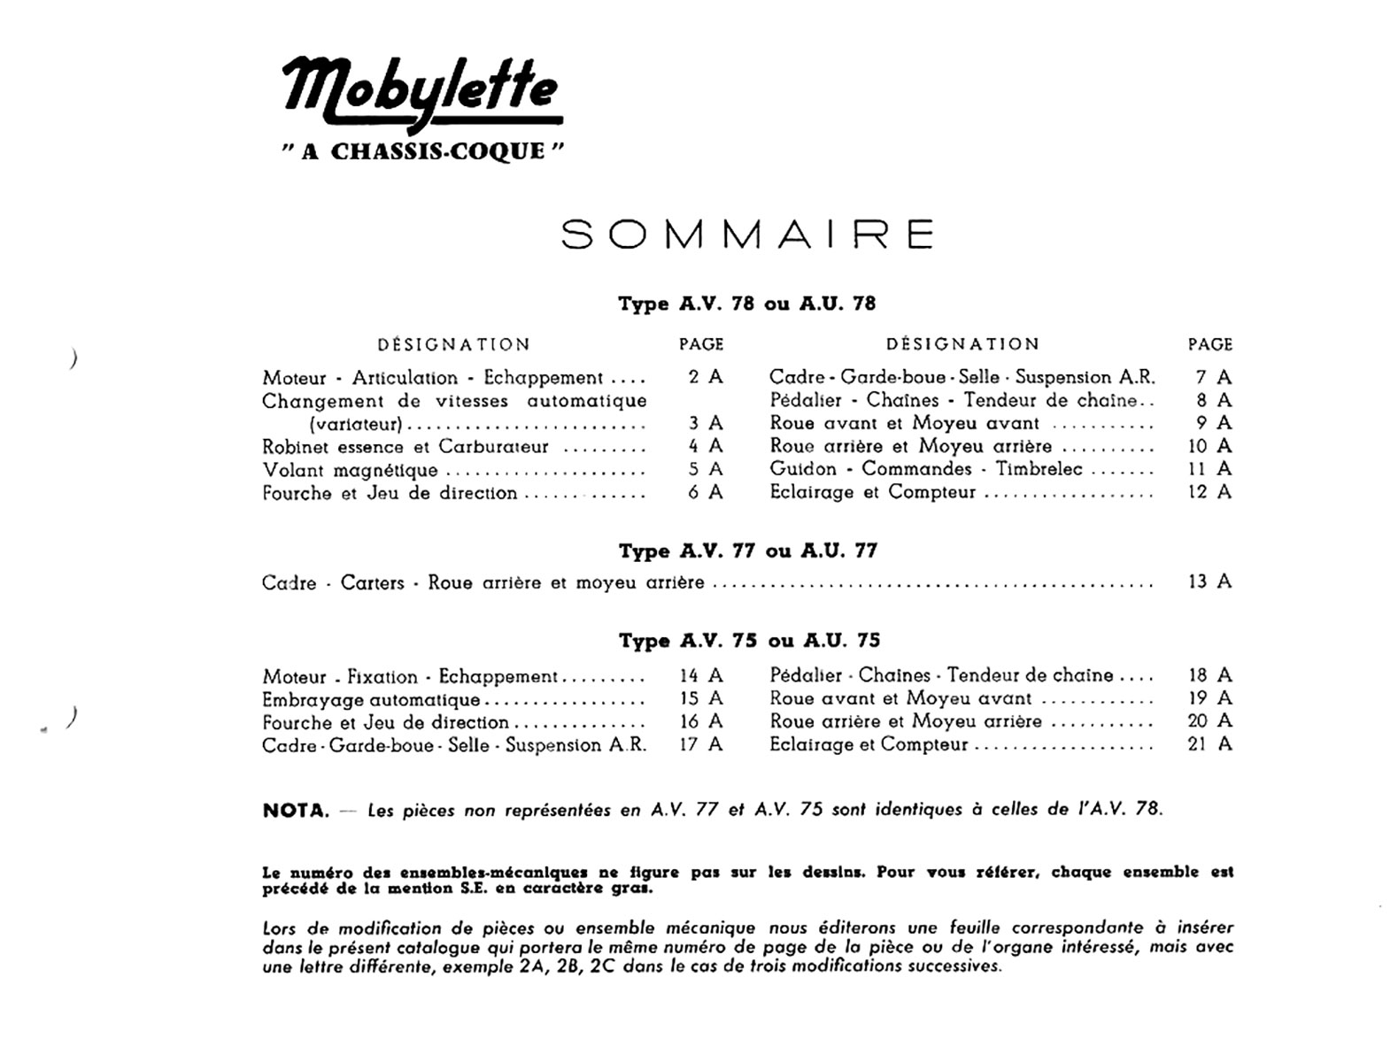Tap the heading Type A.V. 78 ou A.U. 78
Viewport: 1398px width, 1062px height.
coord(746,304)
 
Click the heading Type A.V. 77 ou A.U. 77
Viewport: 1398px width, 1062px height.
coord(748,551)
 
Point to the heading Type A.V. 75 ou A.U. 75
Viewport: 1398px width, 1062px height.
coord(749,641)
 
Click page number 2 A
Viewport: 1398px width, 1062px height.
coord(705,377)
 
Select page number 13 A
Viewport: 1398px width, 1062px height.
coord(1209,581)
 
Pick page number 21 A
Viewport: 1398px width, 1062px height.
coord(1209,744)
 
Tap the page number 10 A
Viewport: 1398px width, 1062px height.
coord(1209,446)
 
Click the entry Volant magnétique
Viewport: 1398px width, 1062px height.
coord(350,470)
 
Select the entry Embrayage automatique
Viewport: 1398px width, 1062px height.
coord(371,700)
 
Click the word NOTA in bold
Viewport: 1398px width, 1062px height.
coord(296,810)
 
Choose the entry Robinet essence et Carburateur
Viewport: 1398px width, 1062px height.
coord(405,447)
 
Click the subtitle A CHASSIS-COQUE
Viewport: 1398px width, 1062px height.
coord(423,151)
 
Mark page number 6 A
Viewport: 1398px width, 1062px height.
coord(705,493)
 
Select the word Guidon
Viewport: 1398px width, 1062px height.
coord(803,469)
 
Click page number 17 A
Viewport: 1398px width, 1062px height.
coord(701,744)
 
